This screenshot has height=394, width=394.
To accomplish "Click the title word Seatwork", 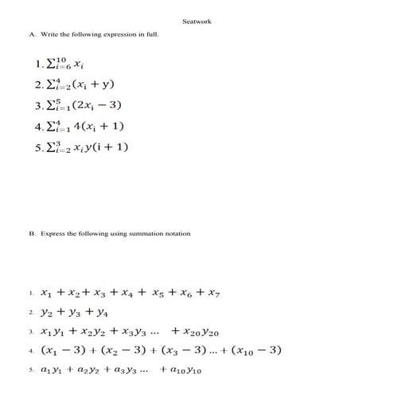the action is click(x=197, y=21).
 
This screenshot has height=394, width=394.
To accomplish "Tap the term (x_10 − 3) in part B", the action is click(x=256, y=350).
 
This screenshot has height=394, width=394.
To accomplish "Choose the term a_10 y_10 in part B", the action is click(x=185, y=370).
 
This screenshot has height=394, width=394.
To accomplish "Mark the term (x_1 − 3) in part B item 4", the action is click(x=57, y=350).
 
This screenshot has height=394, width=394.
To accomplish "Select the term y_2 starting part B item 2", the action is click(x=45, y=313).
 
